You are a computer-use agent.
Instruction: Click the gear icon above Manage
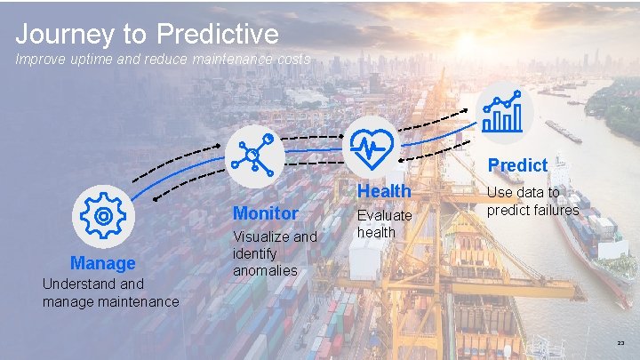[103, 216]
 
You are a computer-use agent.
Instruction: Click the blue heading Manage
[103, 263]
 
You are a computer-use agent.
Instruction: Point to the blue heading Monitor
[265, 213]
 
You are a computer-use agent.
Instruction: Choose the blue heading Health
[384, 191]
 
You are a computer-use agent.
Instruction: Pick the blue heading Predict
[517, 165]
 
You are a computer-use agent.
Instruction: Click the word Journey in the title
[65, 35]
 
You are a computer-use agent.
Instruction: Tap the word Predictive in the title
[218, 35]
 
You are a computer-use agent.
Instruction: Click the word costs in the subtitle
[291, 60]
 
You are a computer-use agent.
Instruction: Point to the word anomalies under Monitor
[265, 270]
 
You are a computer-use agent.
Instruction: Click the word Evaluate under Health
[384, 215]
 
